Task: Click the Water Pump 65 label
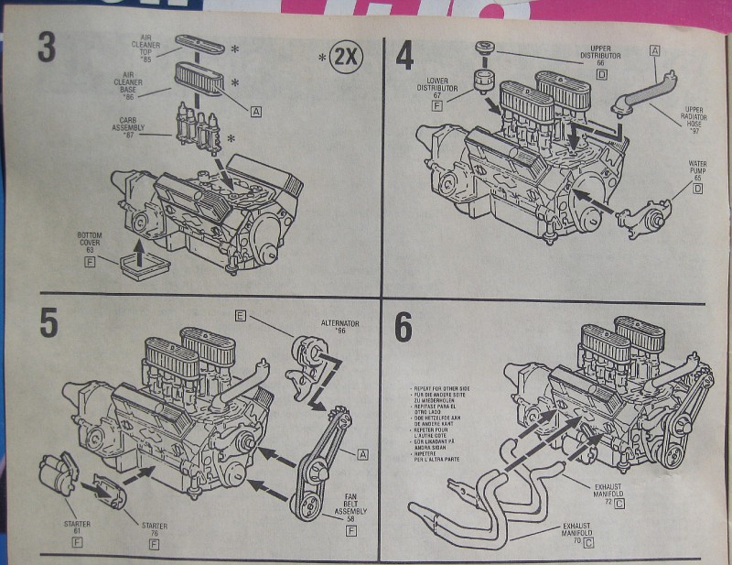click(697, 168)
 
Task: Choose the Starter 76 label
click(154, 530)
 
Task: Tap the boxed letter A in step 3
click(255, 112)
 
